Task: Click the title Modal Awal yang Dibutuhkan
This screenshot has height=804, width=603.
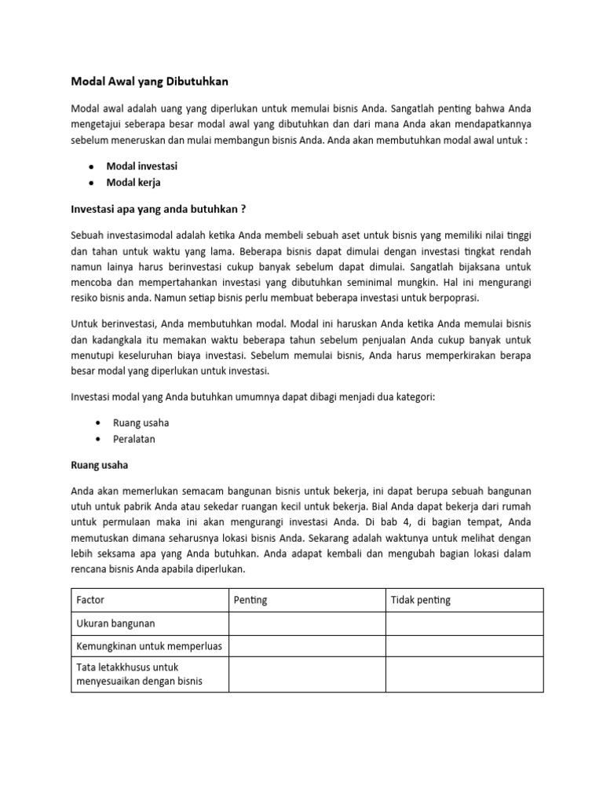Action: point(150,81)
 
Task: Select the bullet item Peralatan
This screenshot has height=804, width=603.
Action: point(134,439)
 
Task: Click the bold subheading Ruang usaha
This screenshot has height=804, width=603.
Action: point(99,465)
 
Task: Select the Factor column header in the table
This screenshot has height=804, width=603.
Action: point(90,600)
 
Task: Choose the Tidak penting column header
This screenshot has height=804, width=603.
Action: point(421,600)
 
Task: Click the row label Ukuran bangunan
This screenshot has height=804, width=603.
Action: point(115,623)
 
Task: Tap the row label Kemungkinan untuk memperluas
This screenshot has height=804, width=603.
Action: point(149,646)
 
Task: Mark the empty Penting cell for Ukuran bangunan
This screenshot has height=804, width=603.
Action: point(306,623)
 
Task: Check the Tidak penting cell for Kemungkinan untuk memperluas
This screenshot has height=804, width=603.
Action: point(463,646)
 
